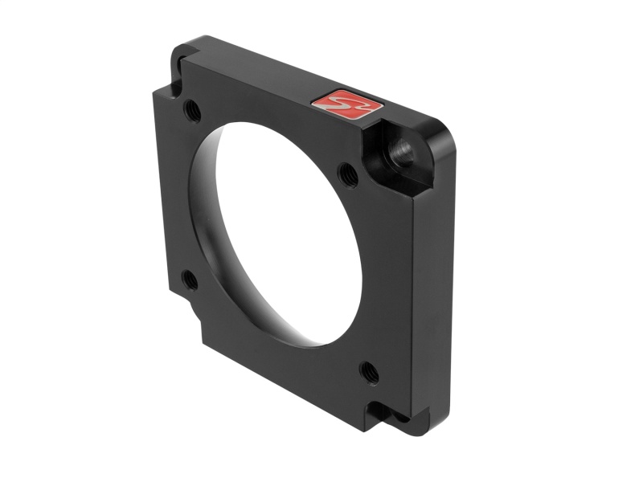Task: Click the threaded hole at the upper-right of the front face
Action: [348, 171]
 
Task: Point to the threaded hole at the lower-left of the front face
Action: [190, 280]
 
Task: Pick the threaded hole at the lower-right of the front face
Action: [368, 370]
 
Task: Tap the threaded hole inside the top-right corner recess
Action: [399, 149]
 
